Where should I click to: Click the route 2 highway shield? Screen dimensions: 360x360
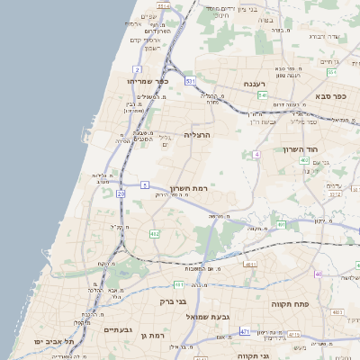pyautogui.click(x=137, y=68)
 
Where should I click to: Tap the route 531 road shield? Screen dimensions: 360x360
pyautogui.click(x=190, y=81)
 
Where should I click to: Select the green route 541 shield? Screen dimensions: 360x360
pyautogui.click(x=262, y=94)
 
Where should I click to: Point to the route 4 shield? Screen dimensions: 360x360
pyautogui.click(x=256, y=154)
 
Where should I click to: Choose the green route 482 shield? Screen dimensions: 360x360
pyautogui.click(x=154, y=234)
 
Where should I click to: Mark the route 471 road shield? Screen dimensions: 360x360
pyautogui.click(x=245, y=331)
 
